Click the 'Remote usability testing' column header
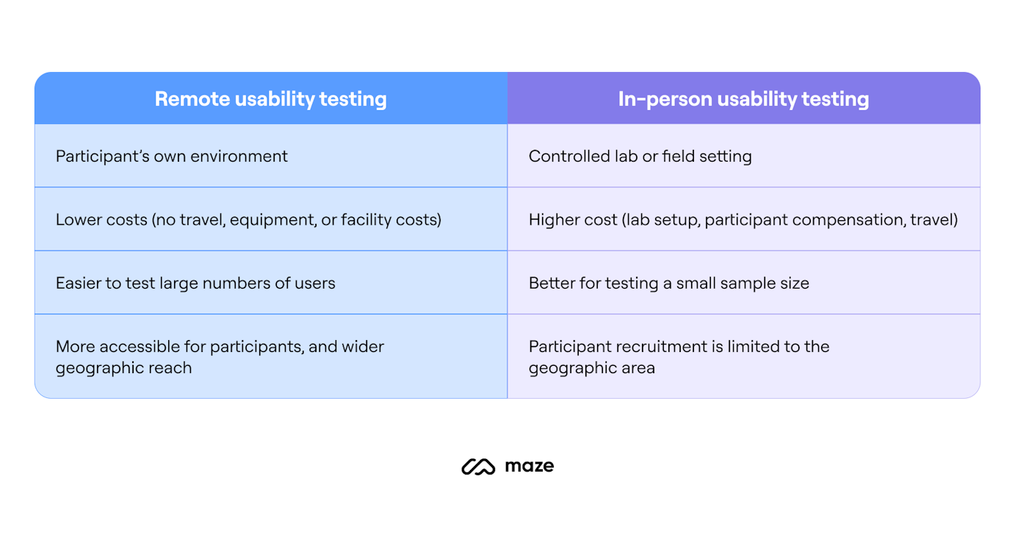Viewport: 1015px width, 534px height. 270,99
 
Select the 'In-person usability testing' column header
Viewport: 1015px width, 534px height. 743,99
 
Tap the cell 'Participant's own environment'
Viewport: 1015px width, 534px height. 172,156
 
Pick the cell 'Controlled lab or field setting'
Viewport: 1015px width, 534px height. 640,156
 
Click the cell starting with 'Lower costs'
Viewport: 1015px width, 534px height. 248,220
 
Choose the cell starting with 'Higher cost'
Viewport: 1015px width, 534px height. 743,220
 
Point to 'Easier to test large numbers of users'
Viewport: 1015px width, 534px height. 195,284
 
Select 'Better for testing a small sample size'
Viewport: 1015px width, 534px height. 668,284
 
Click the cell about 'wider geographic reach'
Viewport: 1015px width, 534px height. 220,357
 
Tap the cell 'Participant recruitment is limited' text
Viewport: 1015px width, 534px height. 679,357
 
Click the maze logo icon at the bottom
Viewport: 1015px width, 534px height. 478,467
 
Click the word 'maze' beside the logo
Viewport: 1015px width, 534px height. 530,466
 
